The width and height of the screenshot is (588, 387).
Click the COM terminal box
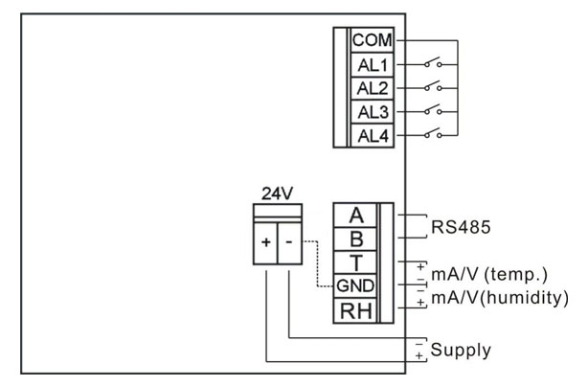pos(371,40)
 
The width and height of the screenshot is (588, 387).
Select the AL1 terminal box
pos(371,64)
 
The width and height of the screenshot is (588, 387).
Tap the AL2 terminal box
pos(371,88)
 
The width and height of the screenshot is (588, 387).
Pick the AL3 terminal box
pos(371,112)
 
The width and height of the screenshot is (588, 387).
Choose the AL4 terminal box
pos(371,135)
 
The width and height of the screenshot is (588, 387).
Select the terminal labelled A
pos(355,216)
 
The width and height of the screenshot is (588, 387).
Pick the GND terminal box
pos(355,286)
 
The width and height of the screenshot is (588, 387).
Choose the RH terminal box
pos(355,310)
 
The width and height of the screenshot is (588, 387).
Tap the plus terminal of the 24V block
pos(264,242)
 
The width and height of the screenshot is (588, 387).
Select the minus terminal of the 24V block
pos(288,242)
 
